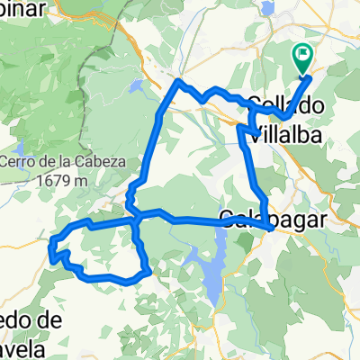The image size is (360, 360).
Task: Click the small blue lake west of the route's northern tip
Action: tap(136, 87)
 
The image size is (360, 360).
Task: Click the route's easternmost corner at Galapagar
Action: tap(271, 227)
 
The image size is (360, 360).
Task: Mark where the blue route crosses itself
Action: tap(134, 216)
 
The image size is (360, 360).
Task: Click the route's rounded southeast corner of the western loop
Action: tap(144, 269)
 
